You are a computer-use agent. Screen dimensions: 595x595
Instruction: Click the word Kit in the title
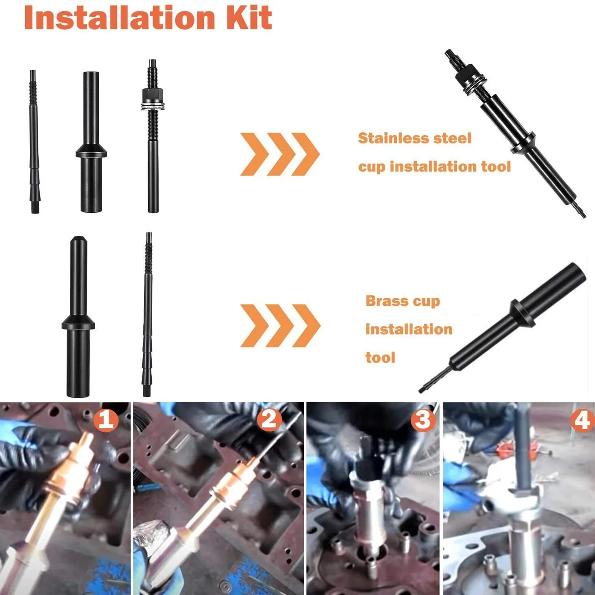pyautogui.click(x=249, y=17)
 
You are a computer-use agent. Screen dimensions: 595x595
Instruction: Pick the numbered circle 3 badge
pyautogui.click(x=423, y=420)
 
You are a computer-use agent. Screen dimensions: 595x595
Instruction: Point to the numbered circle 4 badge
pyautogui.click(x=582, y=420)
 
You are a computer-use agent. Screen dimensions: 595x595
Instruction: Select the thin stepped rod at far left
pyautogui.click(x=34, y=141)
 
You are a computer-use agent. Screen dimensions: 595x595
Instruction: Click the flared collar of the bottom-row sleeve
pyautogui.click(x=78, y=323)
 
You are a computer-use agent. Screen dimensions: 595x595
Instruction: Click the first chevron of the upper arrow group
pyautogui.click(x=254, y=154)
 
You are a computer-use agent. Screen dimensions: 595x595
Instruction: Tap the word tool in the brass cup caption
pyautogui.click(x=380, y=358)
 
